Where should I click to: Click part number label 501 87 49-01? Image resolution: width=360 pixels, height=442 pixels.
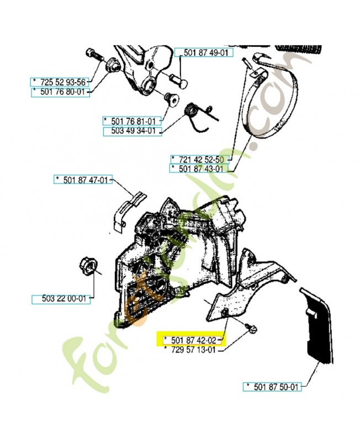click(x=205, y=53)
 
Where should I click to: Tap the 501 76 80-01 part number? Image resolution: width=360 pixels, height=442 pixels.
click(x=60, y=92)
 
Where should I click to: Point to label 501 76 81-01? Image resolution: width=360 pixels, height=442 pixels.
click(x=132, y=121)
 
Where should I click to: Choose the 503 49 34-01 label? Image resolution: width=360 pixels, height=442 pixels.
click(x=132, y=131)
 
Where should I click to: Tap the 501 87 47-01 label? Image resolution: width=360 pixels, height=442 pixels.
click(x=83, y=179)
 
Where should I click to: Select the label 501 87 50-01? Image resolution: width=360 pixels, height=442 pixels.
click(x=273, y=387)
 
